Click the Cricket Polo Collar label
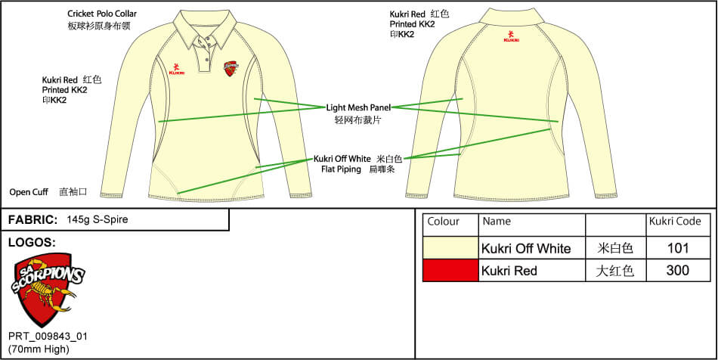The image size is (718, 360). pos(102,14)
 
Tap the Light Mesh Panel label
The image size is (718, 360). pos(358,108)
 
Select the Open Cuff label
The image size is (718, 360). pos(29,192)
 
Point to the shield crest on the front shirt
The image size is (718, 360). pos(230,69)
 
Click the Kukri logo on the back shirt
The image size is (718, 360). pos(511,36)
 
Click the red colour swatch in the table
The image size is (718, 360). pos(450,270)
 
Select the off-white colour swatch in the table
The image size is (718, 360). pos(450,248)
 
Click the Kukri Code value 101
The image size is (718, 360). pos(678,248)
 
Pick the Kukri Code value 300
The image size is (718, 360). pos(678,270)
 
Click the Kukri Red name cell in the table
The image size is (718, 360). pos(509,271)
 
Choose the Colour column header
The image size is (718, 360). pos(443,222)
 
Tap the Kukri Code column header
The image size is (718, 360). pos(675,222)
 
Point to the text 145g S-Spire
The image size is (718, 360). pos(97,219)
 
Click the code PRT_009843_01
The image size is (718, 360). pos(48,337)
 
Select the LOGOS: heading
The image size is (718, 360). pos(32,243)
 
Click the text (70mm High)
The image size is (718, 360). pos(39,349)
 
